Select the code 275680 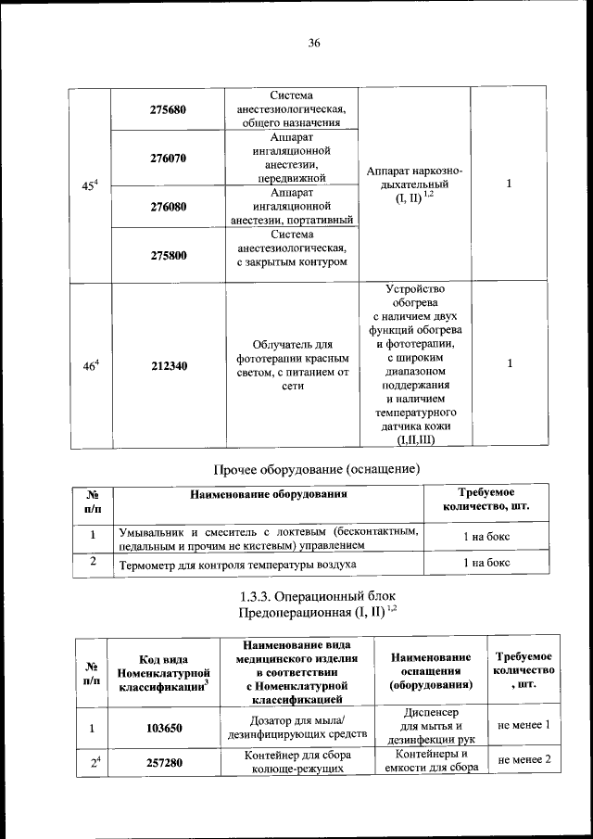tap(169, 109)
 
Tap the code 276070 tap(169, 159)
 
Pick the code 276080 tap(169, 207)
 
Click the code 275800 tap(169, 255)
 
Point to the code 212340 tap(169, 366)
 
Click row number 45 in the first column tap(90, 185)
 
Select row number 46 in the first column tap(90, 365)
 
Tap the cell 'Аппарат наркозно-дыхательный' tap(414, 184)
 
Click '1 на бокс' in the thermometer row tap(486, 564)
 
